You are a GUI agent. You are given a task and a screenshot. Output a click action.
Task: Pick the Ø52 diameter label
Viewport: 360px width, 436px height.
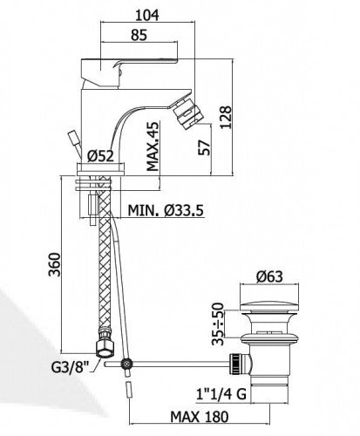[99, 157]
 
